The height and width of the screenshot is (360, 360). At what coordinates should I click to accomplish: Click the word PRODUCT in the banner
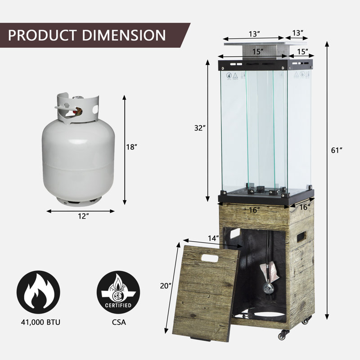pyautogui.click(x=42, y=35)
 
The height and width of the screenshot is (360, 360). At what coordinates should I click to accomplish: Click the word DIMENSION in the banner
pyautogui.click(x=124, y=35)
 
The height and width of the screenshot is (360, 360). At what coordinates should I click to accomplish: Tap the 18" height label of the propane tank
pyautogui.click(x=131, y=147)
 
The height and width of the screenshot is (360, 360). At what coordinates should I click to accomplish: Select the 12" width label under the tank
pyautogui.click(x=83, y=216)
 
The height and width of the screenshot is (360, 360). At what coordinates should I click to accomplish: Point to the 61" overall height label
pyautogui.click(x=337, y=150)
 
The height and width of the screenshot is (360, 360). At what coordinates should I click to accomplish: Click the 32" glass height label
pyautogui.click(x=200, y=128)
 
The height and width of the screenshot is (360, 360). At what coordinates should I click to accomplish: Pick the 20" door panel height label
pyautogui.click(x=166, y=286)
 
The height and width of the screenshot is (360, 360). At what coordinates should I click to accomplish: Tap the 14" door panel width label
pyautogui.click(x=213, y=238)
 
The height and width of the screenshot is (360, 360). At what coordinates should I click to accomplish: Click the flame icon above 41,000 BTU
pyautogui.click(x=38, y=292)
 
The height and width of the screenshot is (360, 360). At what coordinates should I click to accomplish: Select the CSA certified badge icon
pyautogui.click(x=118, y=292)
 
